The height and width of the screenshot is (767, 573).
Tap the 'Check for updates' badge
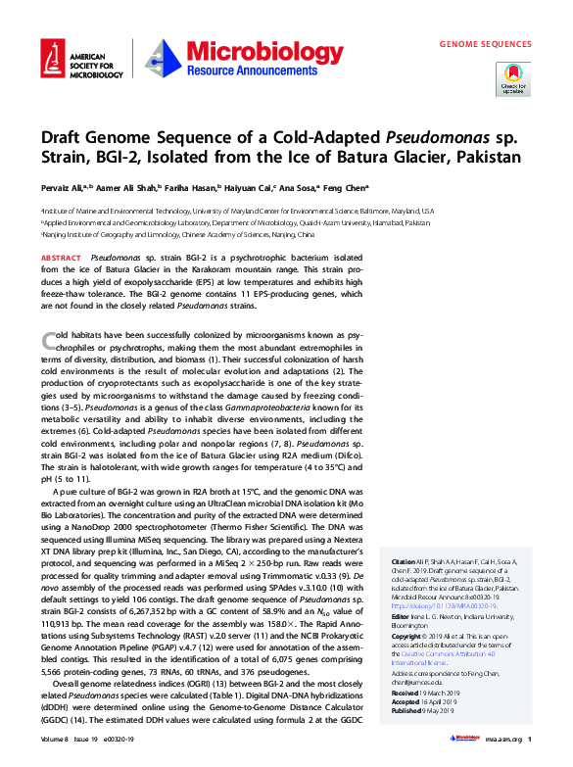coord(512,78)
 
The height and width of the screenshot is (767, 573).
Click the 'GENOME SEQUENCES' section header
coord(485,44)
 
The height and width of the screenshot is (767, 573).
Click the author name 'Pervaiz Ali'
coord(61,187)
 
